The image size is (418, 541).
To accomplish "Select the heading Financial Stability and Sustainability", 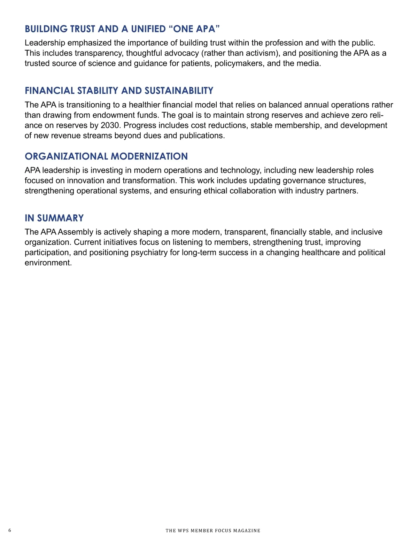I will (119, 91).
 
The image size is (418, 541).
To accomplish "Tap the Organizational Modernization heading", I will (106, 156).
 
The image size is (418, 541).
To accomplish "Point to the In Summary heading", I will (54, 218).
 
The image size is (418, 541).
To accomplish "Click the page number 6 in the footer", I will (9, 530).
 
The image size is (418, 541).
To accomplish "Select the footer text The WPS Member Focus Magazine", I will (213, 531).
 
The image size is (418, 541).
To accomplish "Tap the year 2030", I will (110, 125).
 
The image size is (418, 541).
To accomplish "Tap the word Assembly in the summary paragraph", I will (76, 232).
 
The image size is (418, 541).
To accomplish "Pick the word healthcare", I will (320, 253).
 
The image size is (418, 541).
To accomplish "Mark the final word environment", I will (48, 263).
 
